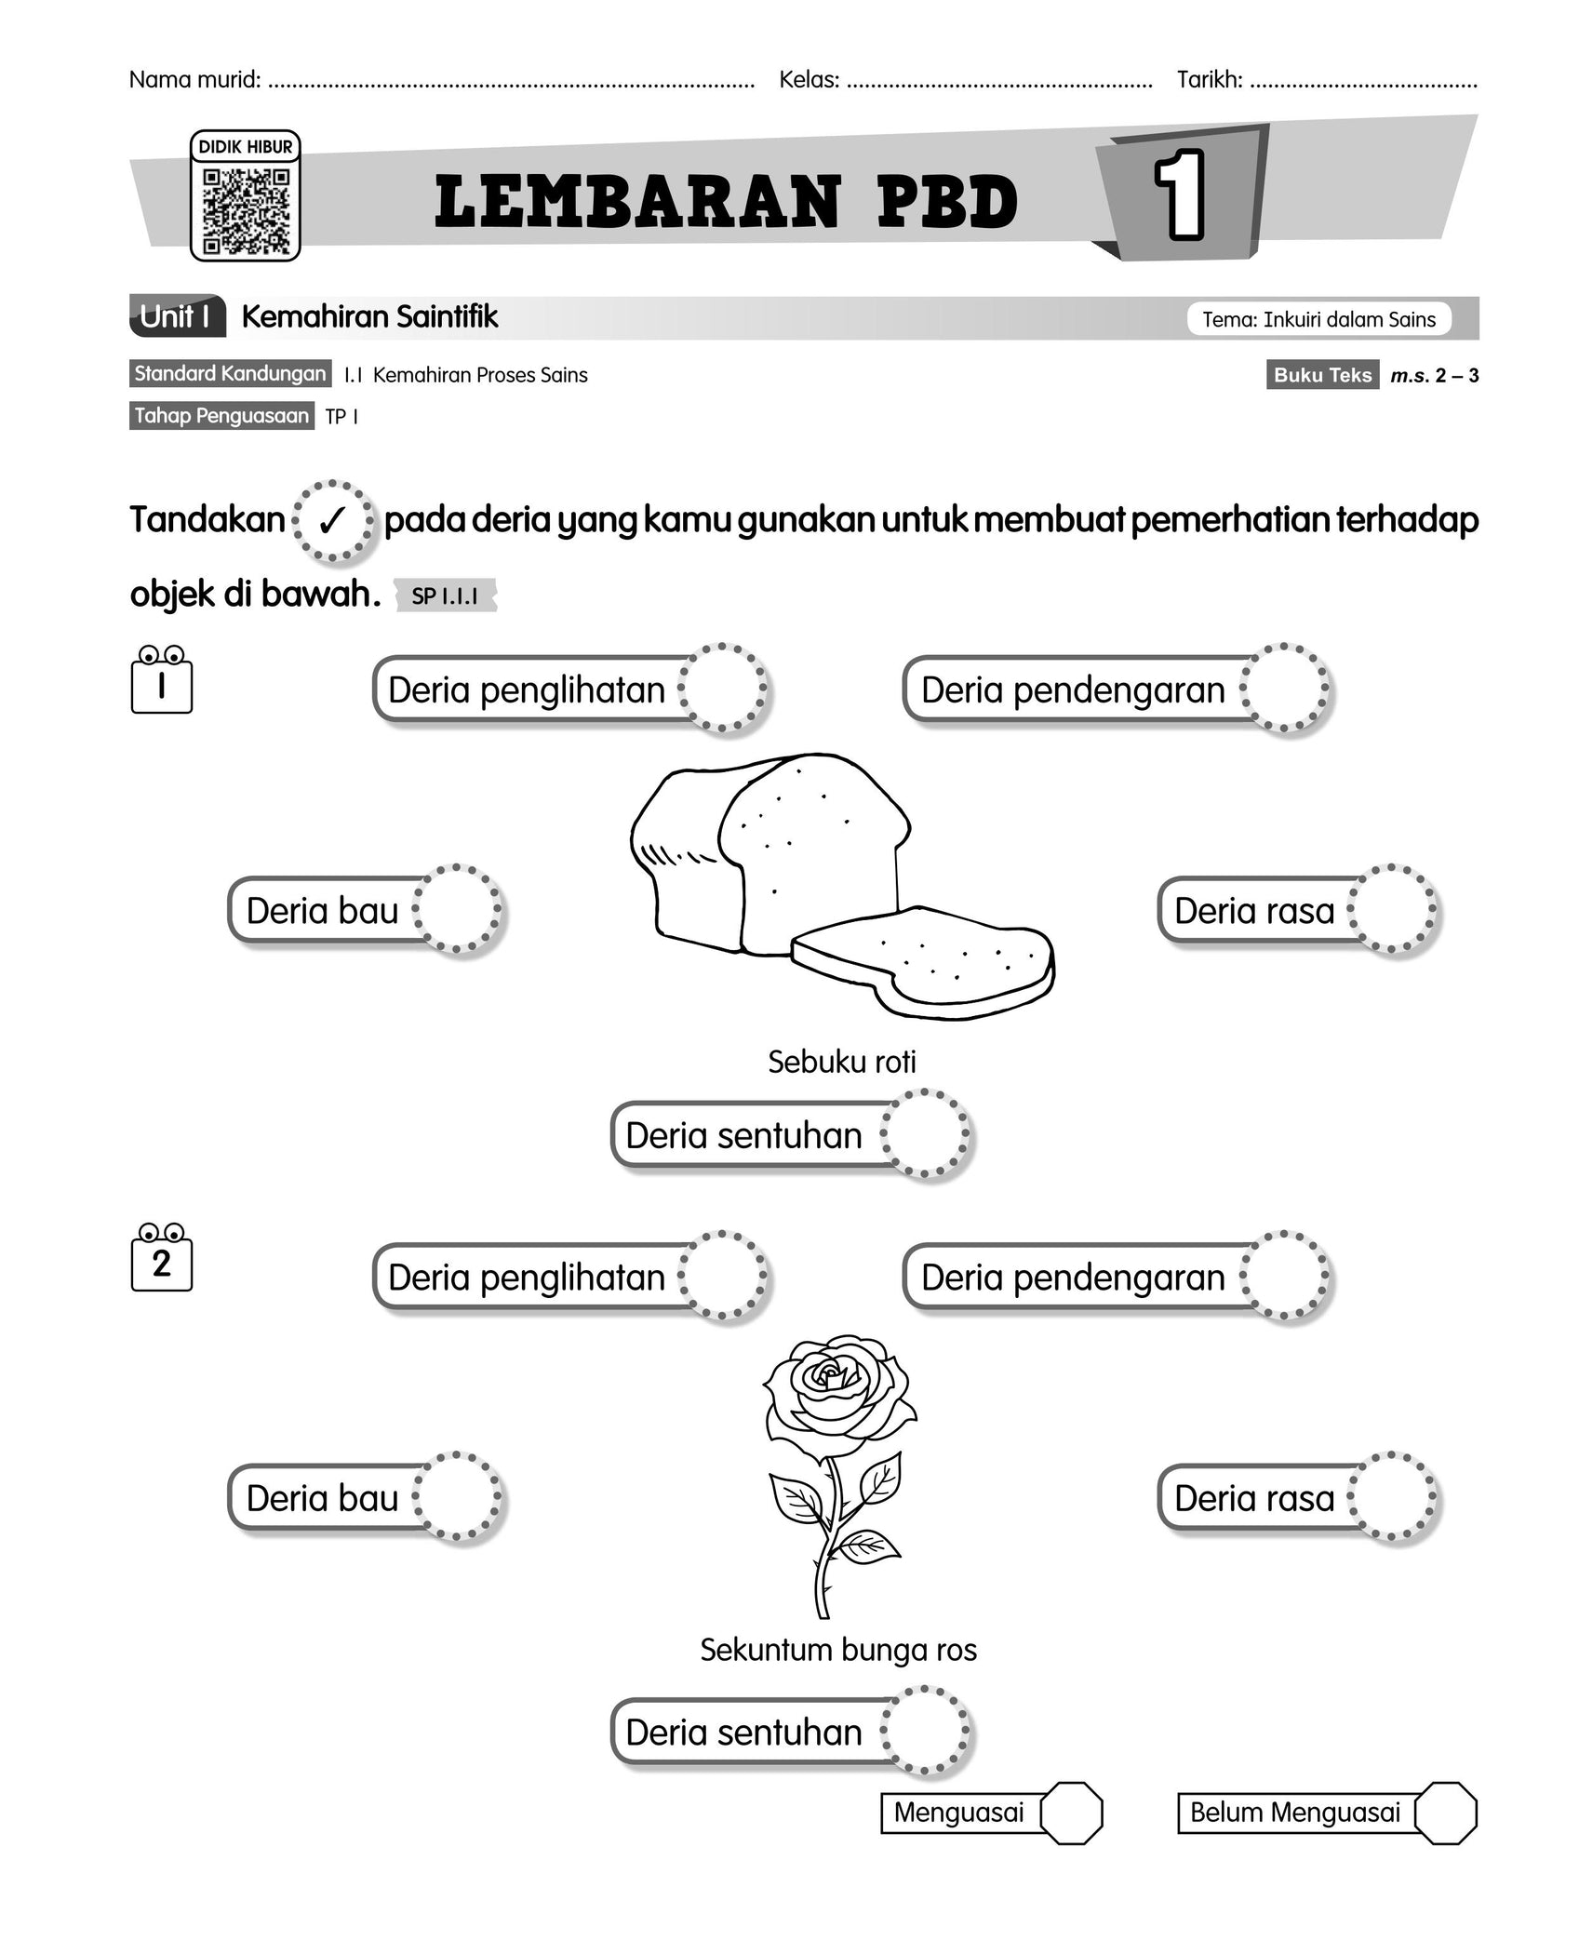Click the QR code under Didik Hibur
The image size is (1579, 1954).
coord(246,210)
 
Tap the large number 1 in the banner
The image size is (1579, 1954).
coord(1180,194)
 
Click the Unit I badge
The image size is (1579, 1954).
coord(178,317)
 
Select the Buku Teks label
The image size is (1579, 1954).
coord(1321,375)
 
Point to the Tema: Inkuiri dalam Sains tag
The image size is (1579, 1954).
coord(1318,320)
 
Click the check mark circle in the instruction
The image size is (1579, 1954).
coord(333,521)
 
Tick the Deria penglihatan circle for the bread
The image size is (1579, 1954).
coord(723,689)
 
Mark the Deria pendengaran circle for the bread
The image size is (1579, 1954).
coord(1285,689)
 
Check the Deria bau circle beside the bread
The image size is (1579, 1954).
coord(458,910)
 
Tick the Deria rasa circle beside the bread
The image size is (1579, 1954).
coord(1392,910)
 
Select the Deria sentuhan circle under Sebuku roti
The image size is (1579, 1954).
coord(926,1134)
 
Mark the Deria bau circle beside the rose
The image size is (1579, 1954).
coord(458,1498)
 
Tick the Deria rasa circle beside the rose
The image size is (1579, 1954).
coord(1392,1498)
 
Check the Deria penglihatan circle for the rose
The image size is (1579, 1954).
coord(723,1277)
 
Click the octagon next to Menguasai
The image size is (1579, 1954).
coord(1071,1813)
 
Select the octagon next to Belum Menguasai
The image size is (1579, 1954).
coord(1445,1813)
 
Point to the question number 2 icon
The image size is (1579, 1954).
coord(162,1261)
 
